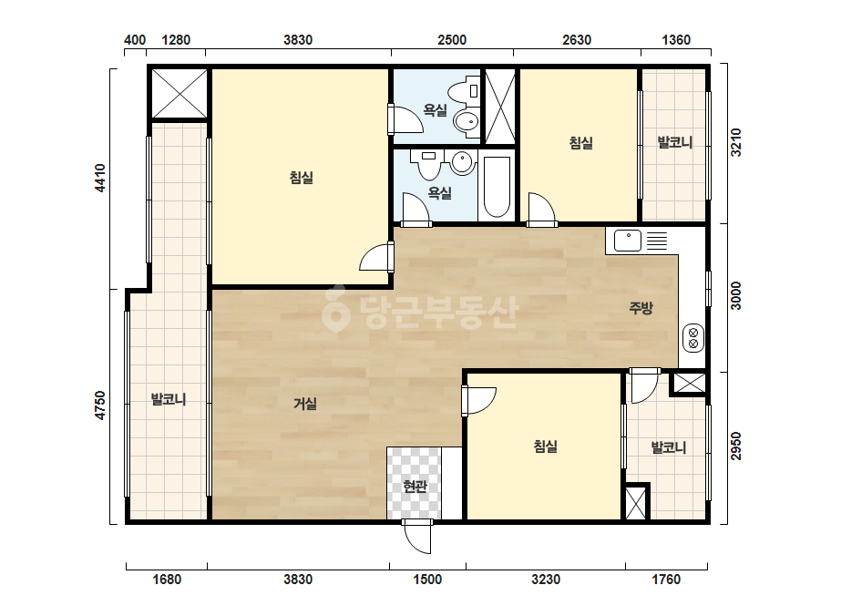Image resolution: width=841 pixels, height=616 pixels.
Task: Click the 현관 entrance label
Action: point(415,486)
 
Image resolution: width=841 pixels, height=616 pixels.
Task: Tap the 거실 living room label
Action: point(304,404)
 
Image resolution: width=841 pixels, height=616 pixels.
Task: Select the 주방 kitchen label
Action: point(641,307)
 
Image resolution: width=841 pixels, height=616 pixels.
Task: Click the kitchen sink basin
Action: point(628,241)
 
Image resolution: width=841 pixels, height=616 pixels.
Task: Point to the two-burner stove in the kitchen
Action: point(693,338)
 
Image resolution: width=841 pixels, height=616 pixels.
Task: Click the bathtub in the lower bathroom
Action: point(497,187)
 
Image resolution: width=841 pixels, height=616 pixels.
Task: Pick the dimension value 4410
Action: point(99,178)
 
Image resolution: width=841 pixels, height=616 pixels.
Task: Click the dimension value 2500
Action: point(452,40)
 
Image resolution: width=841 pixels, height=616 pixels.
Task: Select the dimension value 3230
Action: point(546,580)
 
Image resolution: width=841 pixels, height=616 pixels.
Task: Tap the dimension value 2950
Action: point(735,446)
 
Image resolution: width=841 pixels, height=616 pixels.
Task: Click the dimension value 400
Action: point(135,40)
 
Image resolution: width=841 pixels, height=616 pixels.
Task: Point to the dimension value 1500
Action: point(427,580)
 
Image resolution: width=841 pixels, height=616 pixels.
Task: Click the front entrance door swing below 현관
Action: point(416,537)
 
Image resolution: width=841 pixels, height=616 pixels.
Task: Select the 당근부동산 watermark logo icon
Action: point(335,309)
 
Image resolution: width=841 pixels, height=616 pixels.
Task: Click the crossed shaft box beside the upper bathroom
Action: point(500,107)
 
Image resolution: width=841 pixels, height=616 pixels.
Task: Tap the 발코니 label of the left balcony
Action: point(168,399)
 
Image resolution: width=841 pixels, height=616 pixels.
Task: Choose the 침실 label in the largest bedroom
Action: point(301,177)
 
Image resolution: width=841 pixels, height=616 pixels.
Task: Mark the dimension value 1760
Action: point(666,580)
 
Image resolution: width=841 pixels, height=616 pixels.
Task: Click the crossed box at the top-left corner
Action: point(179,93)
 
